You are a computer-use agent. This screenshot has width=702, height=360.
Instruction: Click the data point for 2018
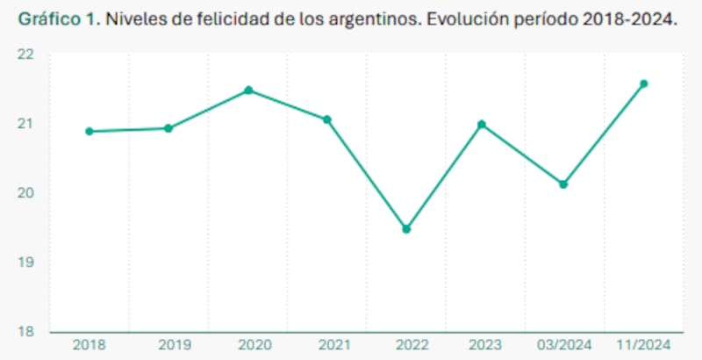90,132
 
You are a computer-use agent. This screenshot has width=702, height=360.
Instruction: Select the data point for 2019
168,128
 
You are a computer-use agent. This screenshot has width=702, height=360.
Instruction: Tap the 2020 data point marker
248,90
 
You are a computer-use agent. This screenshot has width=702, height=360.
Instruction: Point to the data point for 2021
327,119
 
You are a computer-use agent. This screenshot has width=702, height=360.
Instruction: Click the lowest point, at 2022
406,229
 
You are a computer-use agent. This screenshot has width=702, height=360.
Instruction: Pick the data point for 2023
482,125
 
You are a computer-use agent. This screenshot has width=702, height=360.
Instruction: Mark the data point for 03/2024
563,184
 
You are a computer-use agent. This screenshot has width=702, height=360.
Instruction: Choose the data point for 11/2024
643,84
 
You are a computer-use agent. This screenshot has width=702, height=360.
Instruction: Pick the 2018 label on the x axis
90,345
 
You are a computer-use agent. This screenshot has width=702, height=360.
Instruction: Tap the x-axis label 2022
406,345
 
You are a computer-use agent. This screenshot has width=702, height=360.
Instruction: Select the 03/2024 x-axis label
563,345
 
